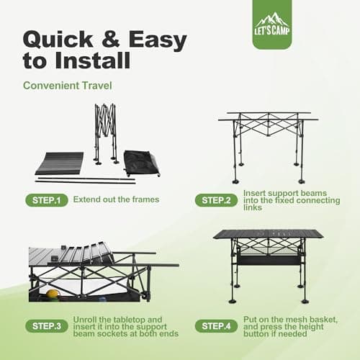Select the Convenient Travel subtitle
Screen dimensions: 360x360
(x=66, y=86)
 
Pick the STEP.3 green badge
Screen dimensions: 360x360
(x=47, y=326)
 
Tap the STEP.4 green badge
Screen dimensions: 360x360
(x=215, y=326)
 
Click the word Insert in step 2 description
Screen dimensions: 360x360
(x=255, y=192)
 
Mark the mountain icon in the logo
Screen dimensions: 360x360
(x=272, y=20)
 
